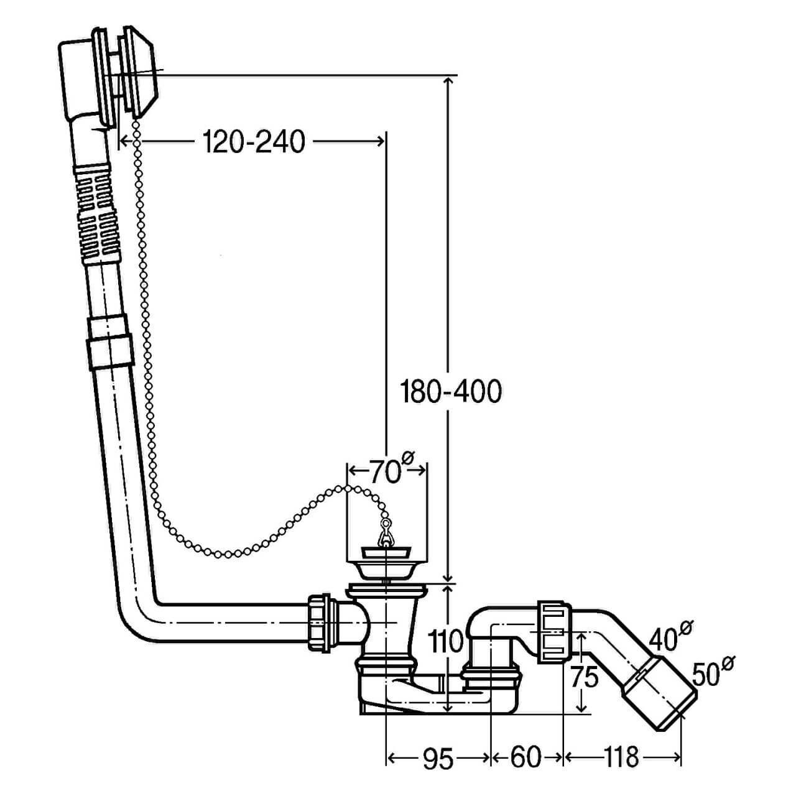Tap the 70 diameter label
(x=387, y=471)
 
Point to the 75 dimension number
(x=584, y=677)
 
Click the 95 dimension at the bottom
(x=438, y=758)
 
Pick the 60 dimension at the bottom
(x=525, y=757)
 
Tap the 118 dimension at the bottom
(x=621, y=757)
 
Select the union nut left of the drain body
(x=322, y=622)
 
